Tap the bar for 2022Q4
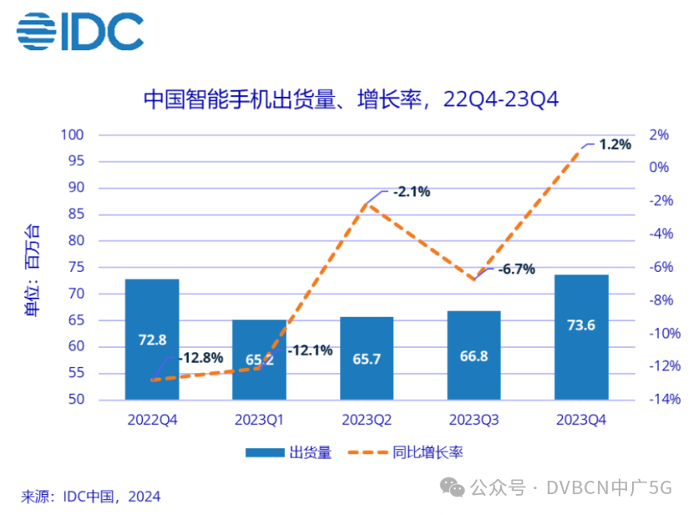tap(152, 339)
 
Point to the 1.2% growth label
tap(615, 144)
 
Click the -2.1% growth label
tap(413, 191)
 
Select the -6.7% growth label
tap(517, 269)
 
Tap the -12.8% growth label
tap(200, 358)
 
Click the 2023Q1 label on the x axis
tap(259, 418)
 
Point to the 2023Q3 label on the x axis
tap(474, 418)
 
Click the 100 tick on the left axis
tap(74, 135)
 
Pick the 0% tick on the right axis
tap(661, 167)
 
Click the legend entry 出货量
tap(288, 452)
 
